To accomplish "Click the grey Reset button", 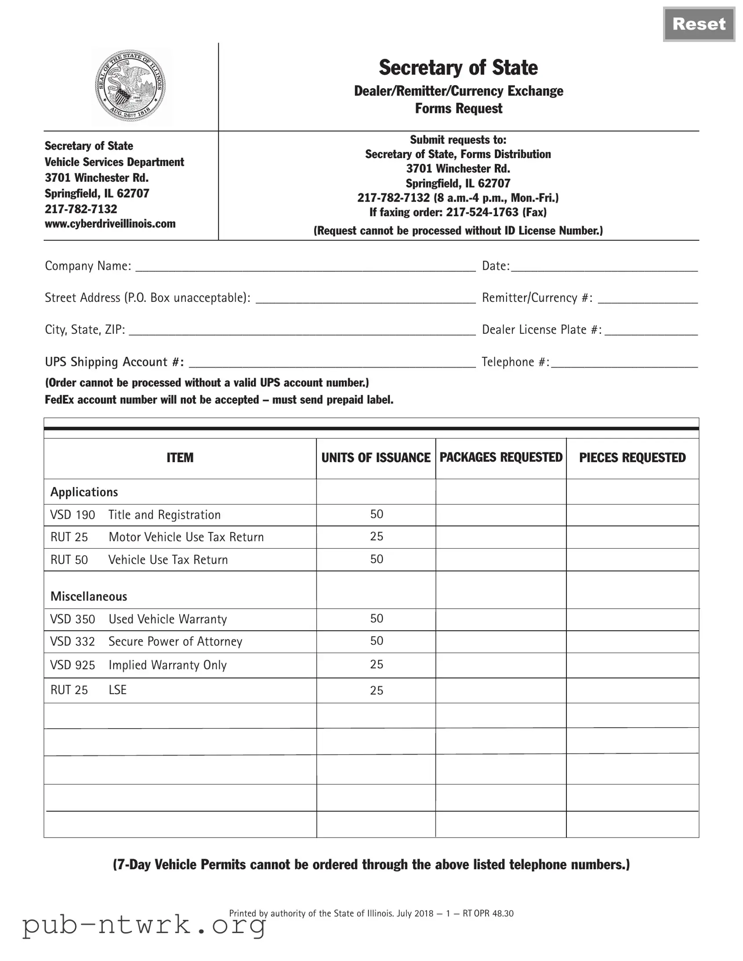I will point(699,24).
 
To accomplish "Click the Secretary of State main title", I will point(458,68).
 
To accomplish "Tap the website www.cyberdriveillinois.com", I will point(110,224).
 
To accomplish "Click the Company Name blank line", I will point(305,267).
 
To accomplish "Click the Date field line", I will point(604,267).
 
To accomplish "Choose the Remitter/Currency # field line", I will point(648,299).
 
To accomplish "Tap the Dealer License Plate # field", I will point(651,330).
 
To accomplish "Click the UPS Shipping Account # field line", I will point(332,363).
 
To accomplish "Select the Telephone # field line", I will point(624,363).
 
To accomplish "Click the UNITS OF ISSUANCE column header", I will point(376,458).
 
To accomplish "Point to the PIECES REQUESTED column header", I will point(632,458).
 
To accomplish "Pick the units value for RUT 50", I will point(377,559).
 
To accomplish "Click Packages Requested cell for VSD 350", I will point(500,619).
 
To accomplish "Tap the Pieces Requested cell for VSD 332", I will point(632,642).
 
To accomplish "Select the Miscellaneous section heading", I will point(88,596).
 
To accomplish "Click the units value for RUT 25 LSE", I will point(377,690).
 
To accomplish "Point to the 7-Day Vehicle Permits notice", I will point(371,865).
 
